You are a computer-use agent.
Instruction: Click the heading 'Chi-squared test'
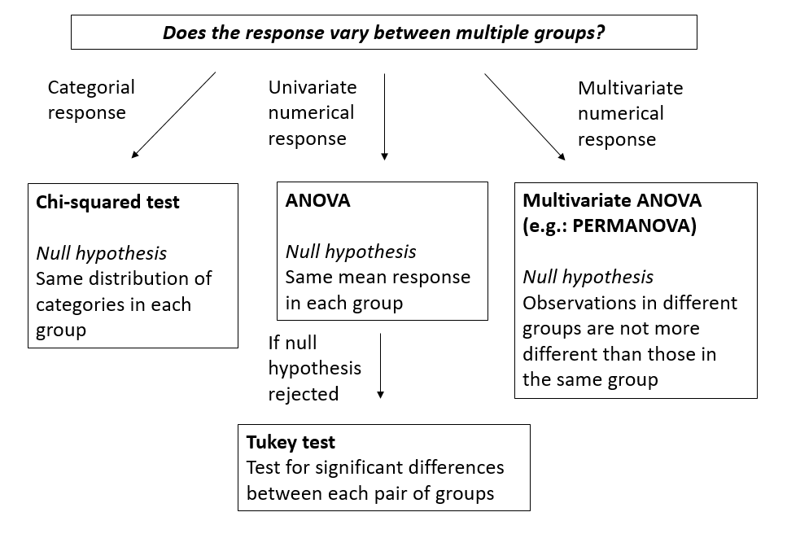[x=107, y=202]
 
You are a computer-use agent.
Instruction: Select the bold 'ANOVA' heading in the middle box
[x=317, y=200]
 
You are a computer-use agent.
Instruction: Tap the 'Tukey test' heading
[x=291, y=442]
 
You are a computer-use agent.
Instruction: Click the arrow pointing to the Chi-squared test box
[x=173, y=115]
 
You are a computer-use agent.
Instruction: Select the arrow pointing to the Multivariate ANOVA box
[x=525, y=117]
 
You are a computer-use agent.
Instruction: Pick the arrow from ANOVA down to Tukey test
[x=380, y=365]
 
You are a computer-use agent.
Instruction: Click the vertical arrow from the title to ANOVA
[x=384, y=117]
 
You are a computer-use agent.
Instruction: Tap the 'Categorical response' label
[x=91, y=100]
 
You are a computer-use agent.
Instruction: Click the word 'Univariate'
[x=313, y=87]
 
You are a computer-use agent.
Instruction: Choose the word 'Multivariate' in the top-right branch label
[x=631, y=89]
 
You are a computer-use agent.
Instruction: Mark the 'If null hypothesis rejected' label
[x=315, y=369]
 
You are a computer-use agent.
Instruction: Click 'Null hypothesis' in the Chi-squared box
[x=102, y=253]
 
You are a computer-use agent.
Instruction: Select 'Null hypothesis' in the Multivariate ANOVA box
[x=588, y=277]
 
